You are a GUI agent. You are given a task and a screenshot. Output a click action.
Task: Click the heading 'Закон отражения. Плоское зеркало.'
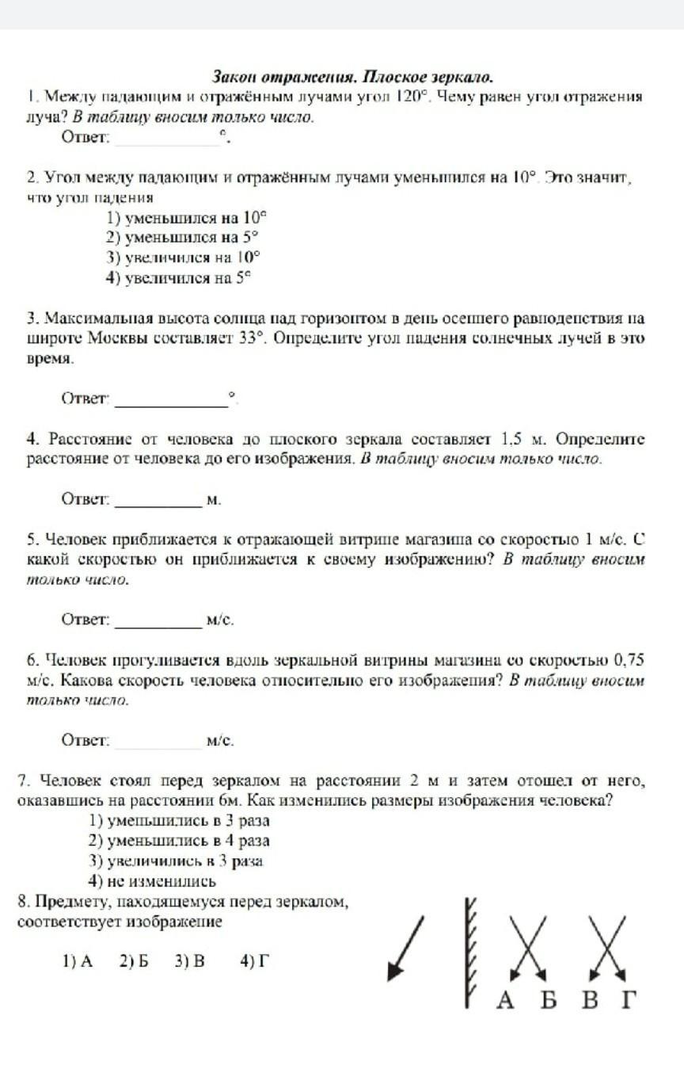(x=352, y=78)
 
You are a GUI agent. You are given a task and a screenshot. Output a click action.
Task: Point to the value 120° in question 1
(x=412, y=97)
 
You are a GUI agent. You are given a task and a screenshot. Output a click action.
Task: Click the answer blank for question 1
(x=167, y=139)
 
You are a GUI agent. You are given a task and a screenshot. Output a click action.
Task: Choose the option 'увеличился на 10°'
(x=184, y=257)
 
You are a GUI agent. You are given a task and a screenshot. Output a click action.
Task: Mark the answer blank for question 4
(x=159, y=500)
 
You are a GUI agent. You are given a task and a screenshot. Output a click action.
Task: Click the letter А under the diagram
(x=505, y=1000)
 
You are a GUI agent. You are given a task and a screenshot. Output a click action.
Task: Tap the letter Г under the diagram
(x=628, y=1000)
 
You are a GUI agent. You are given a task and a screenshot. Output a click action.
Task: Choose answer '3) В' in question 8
(x=190, y=961)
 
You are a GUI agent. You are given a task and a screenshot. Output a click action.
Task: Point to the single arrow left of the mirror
(x=405, y=947)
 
